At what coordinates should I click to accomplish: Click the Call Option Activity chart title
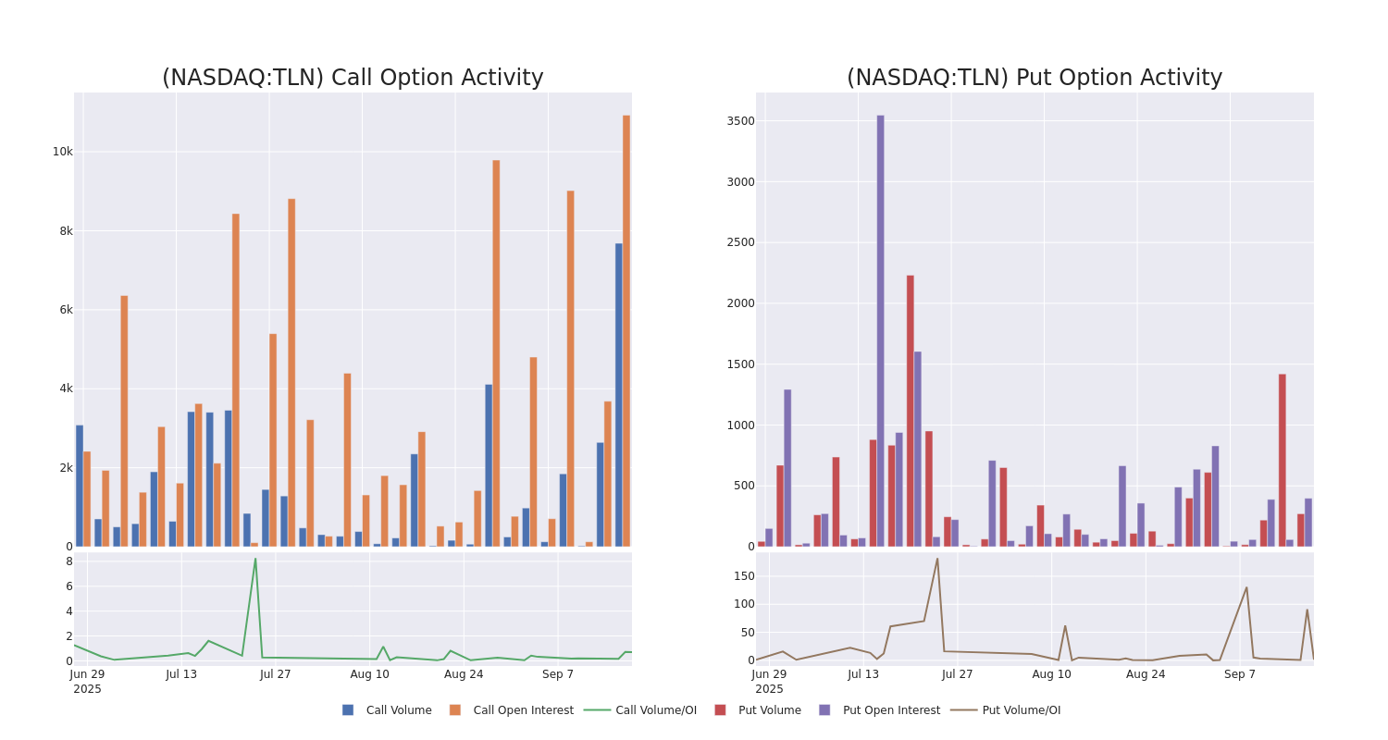tap(353, 78)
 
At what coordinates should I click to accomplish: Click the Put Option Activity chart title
tap(1035, 78)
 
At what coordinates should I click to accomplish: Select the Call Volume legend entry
tap(387, 710)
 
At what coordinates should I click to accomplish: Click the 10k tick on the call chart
tap(62, 152)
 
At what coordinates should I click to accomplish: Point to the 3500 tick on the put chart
tap(740, 121)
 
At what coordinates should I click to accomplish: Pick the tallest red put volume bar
tap(910, 411)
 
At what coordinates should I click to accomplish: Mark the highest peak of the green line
tap(255, 559)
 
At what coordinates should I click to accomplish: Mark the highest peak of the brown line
tap(936, 559)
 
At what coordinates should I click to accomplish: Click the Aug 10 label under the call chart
tap(369, 674)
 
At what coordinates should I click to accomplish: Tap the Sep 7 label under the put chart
tap(1240, 674)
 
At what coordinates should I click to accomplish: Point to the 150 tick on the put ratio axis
tap(744, 576)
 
